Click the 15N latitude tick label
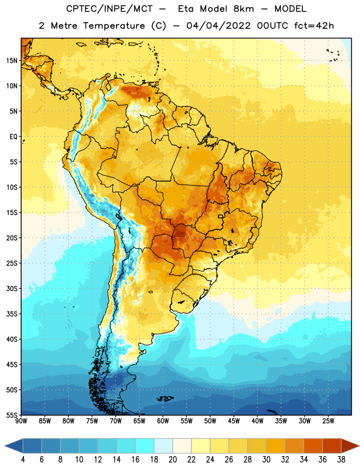click(12, 61)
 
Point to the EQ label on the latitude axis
click(13, 137)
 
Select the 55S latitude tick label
click(12, 415)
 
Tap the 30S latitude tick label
click(12, 288)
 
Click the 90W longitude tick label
click(21, 421)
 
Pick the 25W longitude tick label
click(328, 421)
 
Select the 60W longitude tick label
click(163, 421)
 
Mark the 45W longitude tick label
click(234, 421)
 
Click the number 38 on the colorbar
click(341, 460)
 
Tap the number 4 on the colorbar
click(23, 460)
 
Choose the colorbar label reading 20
click(172, 460)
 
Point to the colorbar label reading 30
click(266, 460)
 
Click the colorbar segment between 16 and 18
click(145, 446)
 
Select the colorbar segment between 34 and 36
click(313, 446)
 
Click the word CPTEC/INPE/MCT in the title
click(109, 9)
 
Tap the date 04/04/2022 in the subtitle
click(218, 26)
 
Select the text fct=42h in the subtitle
click(314, 26)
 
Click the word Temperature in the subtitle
click(114, 26)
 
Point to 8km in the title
click(243, 9)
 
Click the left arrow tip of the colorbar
click(5, 446)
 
